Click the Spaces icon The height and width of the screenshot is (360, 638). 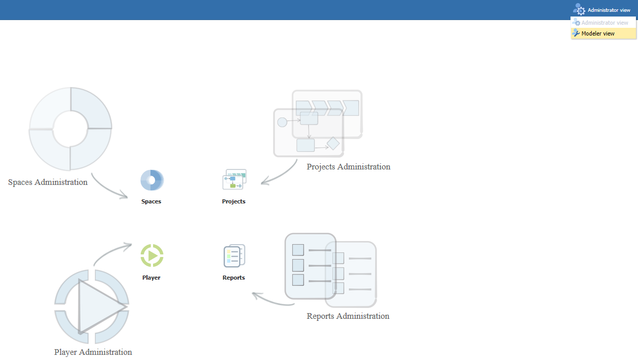click(152, 181)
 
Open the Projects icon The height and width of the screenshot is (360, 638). click(234, 179)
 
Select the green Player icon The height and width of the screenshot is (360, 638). click(152, 255)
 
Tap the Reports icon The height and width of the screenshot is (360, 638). click(234, 255)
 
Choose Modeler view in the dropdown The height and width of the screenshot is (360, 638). click(598, 33)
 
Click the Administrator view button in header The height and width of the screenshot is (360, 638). click(602, 10)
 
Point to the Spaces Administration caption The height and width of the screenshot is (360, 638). click(48, 182)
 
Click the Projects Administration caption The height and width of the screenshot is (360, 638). click(348, 167)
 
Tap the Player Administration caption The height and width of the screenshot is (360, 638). click(93, 352)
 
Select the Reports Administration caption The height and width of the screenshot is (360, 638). click(348, 316)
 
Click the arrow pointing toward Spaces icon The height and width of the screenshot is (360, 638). click(108, 188)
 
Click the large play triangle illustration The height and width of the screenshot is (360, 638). click(98, 307)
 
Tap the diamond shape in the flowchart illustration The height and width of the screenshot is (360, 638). click(333, 143)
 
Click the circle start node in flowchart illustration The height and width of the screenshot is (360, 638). click(282, 122)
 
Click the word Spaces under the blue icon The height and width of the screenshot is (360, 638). click(152, 201)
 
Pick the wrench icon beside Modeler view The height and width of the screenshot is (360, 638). click(576, 33)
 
